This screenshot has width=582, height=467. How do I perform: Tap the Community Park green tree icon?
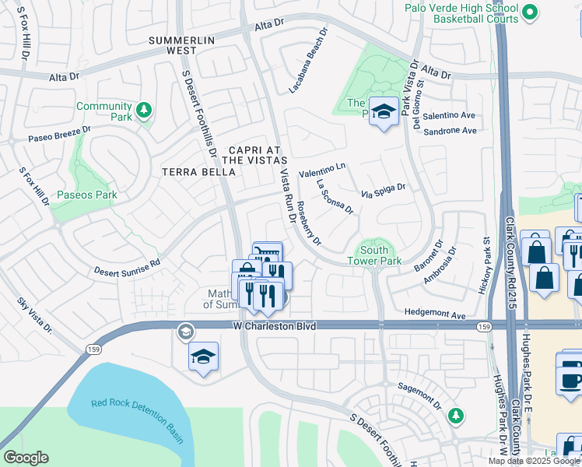click(x=142, y=111)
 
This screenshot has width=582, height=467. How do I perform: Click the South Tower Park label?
click(x=380, y=255)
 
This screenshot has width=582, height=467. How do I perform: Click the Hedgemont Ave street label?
click(x=434, y=315)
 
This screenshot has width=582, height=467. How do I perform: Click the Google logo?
click(x=26, y=458)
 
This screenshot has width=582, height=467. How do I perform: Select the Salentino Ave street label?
click(x=450, y=114)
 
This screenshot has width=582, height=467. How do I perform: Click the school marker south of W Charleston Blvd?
click(x=204, y=357)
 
